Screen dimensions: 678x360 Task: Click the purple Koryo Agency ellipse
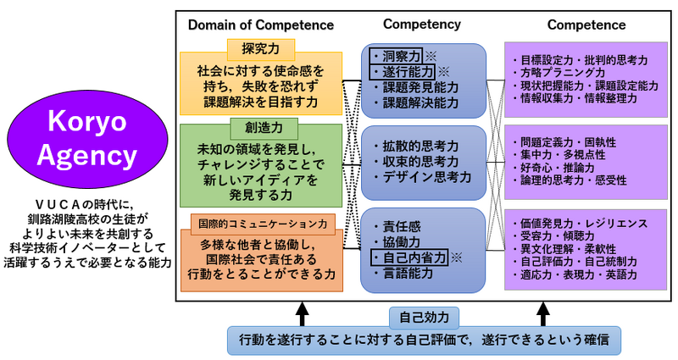click(87, 139)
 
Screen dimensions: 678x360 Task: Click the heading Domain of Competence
click(261, 25)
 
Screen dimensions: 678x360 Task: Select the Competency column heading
click(422, 25)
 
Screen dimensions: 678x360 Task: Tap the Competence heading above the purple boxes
click(586, 25)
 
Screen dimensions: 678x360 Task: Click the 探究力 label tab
click(261, 49)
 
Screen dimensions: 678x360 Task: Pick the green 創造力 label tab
click(264, 128)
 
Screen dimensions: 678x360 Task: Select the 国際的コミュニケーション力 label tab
click(263, 224)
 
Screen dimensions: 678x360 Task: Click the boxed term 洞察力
click(396, 56)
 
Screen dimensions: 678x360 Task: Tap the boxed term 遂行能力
click(402, 71)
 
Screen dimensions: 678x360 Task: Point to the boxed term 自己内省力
click(409, 258)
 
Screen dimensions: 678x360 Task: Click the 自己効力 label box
click(425, 318)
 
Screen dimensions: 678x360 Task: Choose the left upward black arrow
click(303, 313)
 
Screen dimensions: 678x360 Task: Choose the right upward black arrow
click(543, 313)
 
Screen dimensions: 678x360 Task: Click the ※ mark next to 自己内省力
click(456, 258)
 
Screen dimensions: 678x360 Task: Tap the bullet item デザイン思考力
click(422, 177)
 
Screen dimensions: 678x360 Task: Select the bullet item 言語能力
click(403, 273)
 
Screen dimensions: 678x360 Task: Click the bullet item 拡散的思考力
click(416, 146)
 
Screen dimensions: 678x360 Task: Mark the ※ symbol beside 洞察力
click(431, 56)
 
